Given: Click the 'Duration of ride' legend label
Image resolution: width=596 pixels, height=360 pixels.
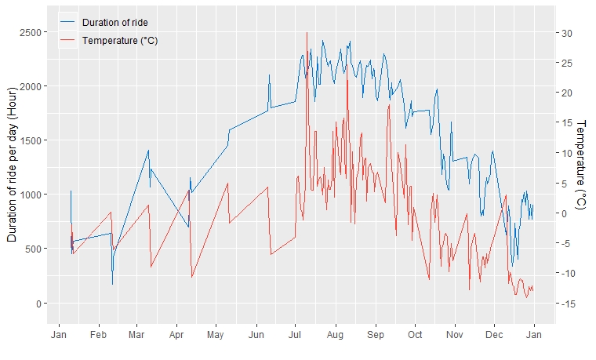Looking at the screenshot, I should pos(114,22).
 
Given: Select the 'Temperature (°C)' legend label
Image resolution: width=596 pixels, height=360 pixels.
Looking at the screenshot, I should pos(120,40).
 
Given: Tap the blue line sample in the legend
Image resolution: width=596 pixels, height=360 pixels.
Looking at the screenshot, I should pos(68,22).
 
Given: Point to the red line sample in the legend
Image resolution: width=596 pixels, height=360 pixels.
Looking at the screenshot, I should pos(68,40).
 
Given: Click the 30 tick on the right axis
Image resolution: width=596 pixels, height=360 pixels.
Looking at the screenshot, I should pos(566,33).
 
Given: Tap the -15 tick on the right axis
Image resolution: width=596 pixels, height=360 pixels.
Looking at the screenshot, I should pos(568,304).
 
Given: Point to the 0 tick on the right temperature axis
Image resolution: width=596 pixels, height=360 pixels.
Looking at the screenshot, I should pos(564,213).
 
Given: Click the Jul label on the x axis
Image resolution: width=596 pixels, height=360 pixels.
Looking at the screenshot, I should pos(295,336).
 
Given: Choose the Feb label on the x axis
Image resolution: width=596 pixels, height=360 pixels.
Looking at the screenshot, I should pos(98,336).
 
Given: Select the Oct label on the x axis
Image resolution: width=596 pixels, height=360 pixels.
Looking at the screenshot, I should pos(414,336).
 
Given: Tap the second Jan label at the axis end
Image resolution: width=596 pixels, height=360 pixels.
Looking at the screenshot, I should pos(535,336).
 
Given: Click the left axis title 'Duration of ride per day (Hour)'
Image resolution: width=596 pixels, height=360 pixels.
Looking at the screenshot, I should pos(13,167).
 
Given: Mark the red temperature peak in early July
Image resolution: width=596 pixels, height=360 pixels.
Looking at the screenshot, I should pos(307,33).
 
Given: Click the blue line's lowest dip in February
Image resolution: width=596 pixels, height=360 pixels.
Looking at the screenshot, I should pos(112,284).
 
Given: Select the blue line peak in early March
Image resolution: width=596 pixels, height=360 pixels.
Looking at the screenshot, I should pos(148,151).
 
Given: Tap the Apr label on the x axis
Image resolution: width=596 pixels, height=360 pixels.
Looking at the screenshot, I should pos(176,336).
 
